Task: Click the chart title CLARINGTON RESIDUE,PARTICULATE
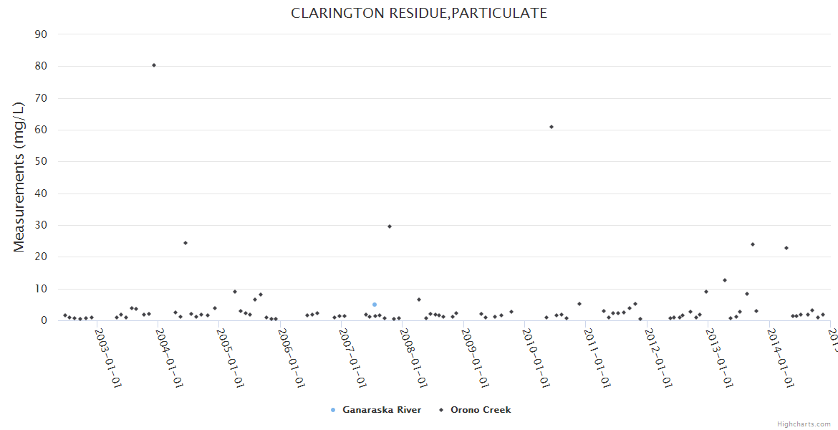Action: click(x=419, y=13)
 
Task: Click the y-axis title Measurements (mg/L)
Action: click(x=19, y=177)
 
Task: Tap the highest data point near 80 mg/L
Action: click(x=154, y=65)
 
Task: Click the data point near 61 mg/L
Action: click(x=552, y=127)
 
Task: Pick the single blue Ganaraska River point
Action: click(x=374, y=305)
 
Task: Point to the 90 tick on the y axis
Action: click(x=41, y=34)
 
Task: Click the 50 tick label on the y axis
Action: click(x=41, y=161)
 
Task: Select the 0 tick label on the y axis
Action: click(x=44, y=320)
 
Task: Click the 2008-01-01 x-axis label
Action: click(x=413, y=358)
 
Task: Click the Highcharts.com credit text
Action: click(x=804, y=424)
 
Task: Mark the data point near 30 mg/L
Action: click(x=390, y=226)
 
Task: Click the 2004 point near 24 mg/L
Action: click(x=186, y=243)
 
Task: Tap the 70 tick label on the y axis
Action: click(x=41, y=98)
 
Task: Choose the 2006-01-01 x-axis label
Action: click(x=292, y=358)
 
